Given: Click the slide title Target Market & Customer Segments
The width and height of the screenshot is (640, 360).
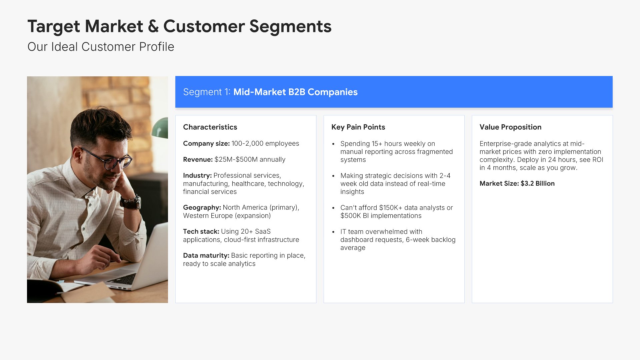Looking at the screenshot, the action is point(179,27).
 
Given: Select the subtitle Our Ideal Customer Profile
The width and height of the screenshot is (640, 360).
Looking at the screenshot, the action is point(101,47).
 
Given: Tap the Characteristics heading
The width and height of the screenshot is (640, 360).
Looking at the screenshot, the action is point(210,127).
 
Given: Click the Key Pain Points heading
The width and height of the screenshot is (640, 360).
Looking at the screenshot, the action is point(358,127).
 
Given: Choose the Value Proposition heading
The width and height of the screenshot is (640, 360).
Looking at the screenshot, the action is point(510,127).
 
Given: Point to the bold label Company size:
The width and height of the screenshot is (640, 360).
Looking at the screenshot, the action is point(206,144).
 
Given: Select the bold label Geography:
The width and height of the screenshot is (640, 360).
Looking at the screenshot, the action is point(202,208).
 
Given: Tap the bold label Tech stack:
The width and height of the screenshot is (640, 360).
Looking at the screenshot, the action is point(201,232).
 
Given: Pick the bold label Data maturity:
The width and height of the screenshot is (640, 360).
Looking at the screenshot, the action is point(206,256).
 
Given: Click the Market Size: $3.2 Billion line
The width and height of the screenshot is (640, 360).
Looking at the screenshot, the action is point(517,184).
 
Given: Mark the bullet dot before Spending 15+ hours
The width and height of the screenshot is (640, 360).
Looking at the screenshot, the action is point(333,144).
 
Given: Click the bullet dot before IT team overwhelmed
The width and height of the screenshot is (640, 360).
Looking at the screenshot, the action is point(333,232).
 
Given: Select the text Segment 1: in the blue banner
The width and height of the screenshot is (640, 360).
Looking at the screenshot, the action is point(207,92).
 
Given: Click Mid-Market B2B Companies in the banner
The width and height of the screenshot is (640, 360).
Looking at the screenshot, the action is point(295,92).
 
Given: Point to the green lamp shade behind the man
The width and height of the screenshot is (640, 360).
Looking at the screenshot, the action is point(160,128).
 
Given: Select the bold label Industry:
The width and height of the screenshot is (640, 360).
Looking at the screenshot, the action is point(197,176).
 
